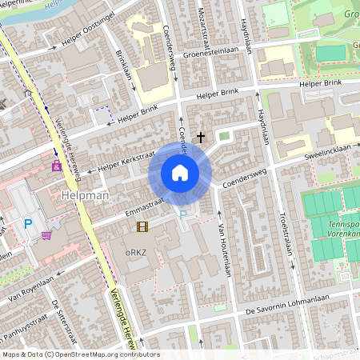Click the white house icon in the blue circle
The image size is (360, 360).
180,173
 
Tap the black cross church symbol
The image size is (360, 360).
200,138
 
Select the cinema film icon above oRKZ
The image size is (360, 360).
142,226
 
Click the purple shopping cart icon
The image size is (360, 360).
47,235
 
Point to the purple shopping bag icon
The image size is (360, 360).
56,166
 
